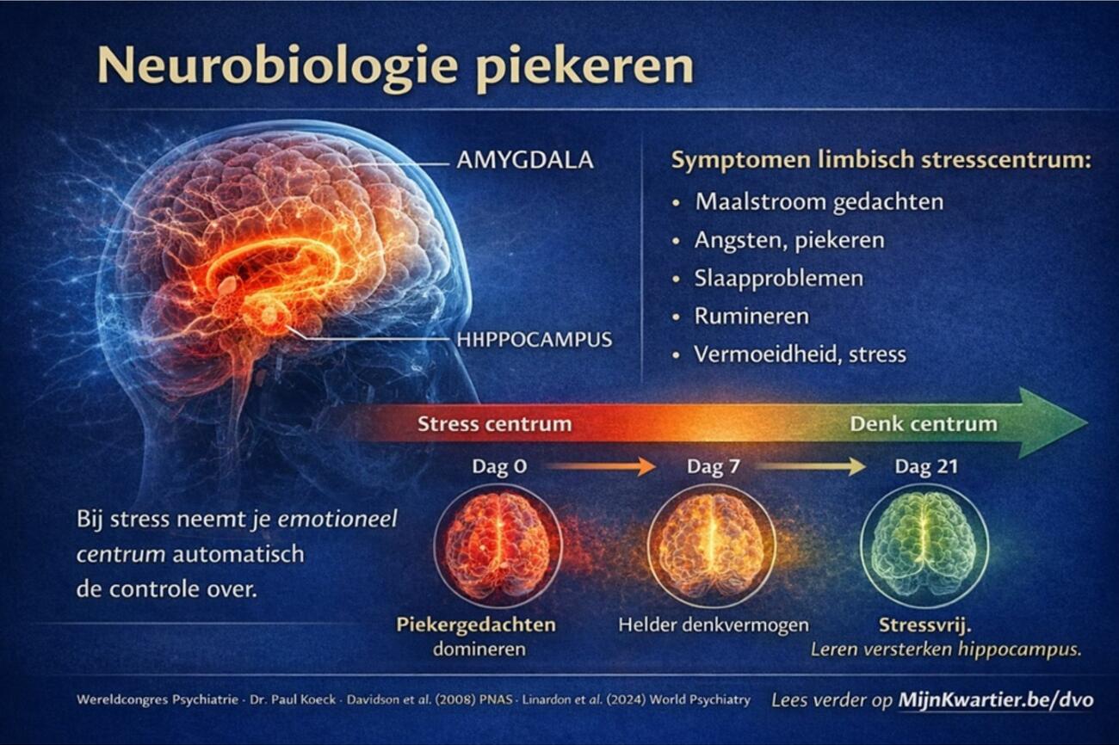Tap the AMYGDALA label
525,160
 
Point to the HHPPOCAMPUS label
534,340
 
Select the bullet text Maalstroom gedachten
819,202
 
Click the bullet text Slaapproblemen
778,278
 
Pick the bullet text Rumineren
751,316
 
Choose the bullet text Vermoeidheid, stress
800,354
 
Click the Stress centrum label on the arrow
495,424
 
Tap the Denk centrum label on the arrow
924,424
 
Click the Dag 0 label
499,466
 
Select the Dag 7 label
713,466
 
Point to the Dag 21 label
926,466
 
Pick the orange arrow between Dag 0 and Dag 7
600,467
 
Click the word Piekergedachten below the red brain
476,625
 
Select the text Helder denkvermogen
714,625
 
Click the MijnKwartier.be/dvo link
996,699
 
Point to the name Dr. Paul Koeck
293,699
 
